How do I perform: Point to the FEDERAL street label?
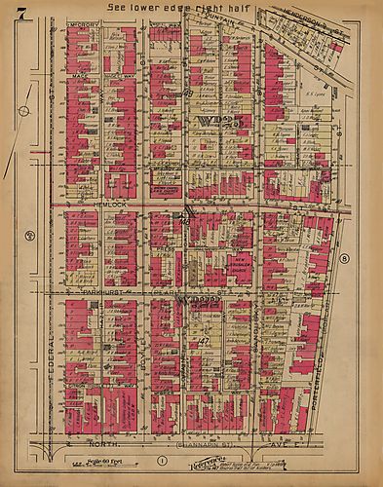click(x=46, y=336)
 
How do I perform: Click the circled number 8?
click(x=345, y=257)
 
